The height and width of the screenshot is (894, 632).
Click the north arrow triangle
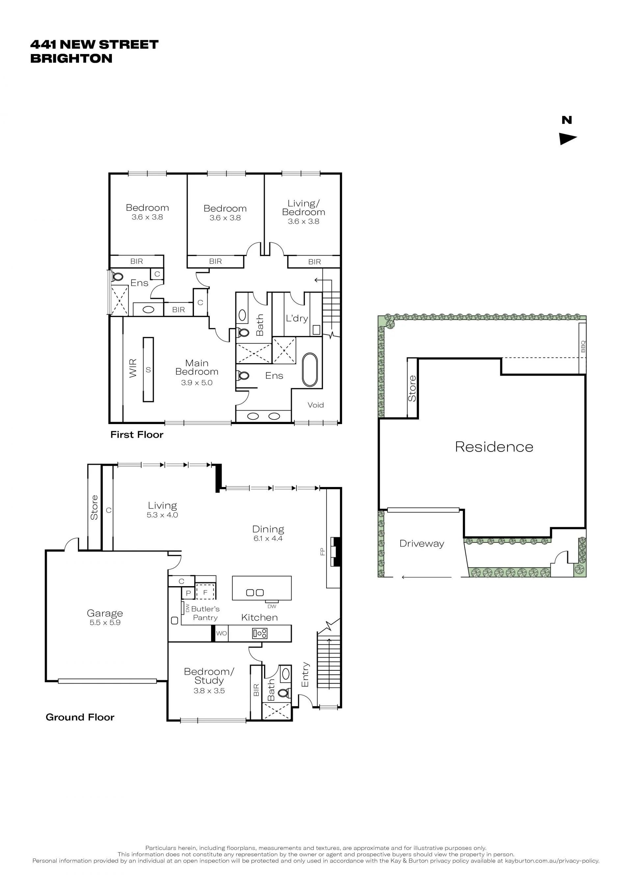point(567,139)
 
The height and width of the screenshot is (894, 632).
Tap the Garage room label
point(105,613)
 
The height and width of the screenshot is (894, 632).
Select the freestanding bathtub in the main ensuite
point(310,369)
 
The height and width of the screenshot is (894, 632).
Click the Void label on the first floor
point(316,405)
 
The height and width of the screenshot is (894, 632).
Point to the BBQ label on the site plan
point(583,346)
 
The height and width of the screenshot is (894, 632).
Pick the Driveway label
point(422,544)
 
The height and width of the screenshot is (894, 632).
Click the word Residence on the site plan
point(494,447)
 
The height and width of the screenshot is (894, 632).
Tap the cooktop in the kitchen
point(260,633)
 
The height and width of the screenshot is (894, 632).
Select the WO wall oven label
point(222,633)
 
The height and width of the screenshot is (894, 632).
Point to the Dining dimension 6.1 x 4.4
point(268,538)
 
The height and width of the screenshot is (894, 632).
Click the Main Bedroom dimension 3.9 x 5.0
point(197,383)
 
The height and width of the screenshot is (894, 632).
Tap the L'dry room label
point(297,318)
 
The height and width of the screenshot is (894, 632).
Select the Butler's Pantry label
point(205,613)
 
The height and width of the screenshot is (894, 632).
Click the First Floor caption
point(137,435)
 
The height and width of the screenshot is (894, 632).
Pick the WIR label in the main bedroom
point(133,368)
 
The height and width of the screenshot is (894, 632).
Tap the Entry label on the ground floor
point(305,674)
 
